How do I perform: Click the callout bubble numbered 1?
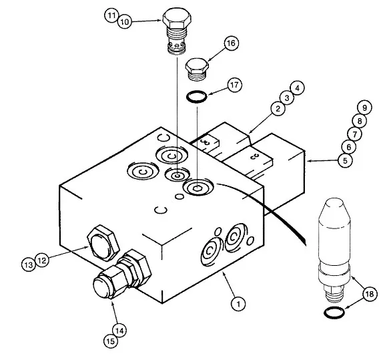click(238, 303)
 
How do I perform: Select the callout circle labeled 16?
click(232, 43)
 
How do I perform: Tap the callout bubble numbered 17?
click(234, 85)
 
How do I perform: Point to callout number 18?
click(370, 294)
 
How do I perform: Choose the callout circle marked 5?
click(345, 160)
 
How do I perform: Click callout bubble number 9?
click(364, 108)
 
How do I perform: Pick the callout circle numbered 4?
click(297, 88)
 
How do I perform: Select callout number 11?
click(111, 15)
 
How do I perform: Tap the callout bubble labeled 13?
click(29, 265)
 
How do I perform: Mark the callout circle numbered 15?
click(111, 341)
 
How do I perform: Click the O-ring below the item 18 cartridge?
click(334, 313)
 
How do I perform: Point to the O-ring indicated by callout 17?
click(196, 96)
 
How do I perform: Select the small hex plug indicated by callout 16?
click(197, 66)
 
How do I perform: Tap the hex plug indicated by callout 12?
click(103, 242)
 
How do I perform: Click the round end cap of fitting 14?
click(101, 287)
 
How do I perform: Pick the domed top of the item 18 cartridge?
click(334, 208)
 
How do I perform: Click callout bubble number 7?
click(355, 134)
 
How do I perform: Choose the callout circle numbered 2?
click(278, 108)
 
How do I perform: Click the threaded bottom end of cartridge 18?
click(334, 295)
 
